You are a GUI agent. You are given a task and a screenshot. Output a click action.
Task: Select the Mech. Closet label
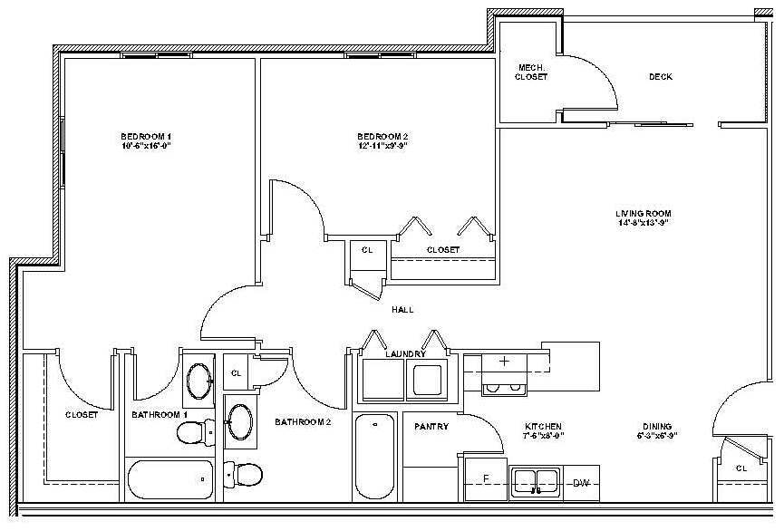(x=531, y=72)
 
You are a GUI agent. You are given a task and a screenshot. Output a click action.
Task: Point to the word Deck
(x=660, y=77)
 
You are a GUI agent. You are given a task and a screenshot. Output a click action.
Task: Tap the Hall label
(x=402, y=310)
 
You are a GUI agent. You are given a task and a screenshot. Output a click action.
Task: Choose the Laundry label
(x=405, y=354)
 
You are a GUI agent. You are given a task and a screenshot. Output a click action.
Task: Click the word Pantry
(x=431, y=426)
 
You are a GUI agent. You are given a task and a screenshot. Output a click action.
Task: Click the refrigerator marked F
(x=486, y=478)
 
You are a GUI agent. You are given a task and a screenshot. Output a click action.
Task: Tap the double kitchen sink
(x=537, y=479)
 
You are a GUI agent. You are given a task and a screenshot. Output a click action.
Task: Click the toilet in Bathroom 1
(x=193, y=434)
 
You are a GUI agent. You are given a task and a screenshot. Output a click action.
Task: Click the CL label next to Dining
(x=740, y=468)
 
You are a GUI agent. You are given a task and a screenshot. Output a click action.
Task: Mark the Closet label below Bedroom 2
(x=442, y=249)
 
